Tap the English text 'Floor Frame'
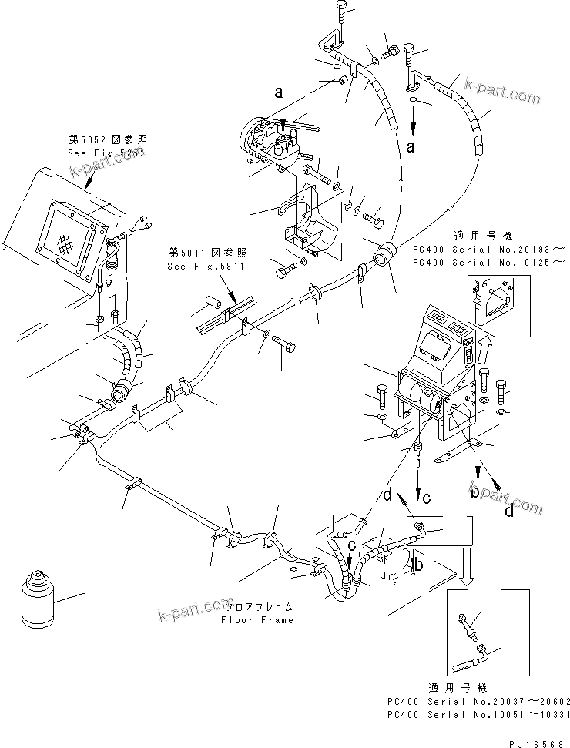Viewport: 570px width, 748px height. point(256,620)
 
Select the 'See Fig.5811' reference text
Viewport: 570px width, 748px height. point(206,267)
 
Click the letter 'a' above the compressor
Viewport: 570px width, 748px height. point(279,92)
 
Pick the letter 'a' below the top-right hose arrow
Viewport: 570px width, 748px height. point(415,145)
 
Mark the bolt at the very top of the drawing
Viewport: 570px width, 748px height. point(344,12)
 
